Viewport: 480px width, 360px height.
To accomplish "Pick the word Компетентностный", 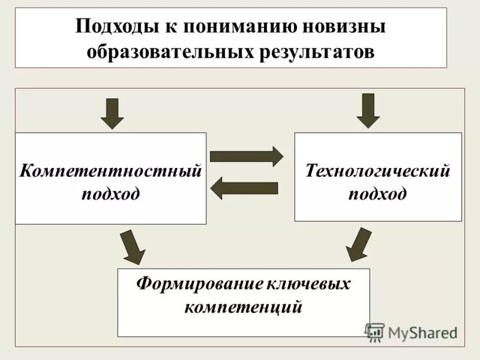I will click(110, 171).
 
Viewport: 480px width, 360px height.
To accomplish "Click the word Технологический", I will click(378, 171).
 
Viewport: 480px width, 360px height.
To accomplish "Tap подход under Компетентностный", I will click(110, 194).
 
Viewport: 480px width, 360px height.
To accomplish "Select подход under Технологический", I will click(378, 194).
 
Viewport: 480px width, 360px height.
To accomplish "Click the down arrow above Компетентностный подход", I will click(112, 113).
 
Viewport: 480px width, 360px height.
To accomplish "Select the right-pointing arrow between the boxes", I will click(246, 157).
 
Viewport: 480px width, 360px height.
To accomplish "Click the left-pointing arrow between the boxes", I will click(244, 188).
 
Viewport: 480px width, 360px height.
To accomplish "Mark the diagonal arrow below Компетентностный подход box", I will click(132, 247).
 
